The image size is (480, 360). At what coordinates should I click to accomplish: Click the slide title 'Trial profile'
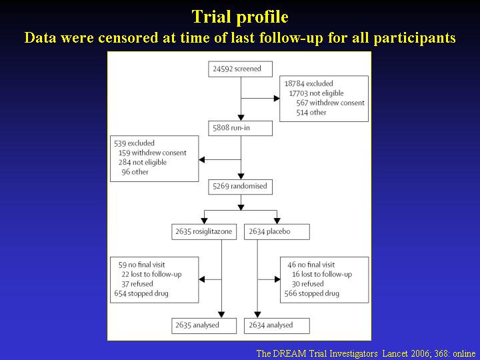tap(240, 17)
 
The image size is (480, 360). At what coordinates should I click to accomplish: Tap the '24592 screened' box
tap(240, 69)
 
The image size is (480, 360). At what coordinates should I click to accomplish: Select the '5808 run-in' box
tap(240, 128)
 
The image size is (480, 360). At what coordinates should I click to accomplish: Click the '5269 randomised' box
tap(240, 187)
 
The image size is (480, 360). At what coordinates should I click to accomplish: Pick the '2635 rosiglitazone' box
tap(204, 232)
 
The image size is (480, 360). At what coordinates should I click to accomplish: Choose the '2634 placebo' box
tap(277, 232)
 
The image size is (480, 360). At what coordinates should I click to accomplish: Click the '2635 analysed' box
tap(204, 326)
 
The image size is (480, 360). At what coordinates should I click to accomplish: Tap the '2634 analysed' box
tap(277, 326)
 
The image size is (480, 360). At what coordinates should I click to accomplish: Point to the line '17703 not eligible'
tap(317, 93)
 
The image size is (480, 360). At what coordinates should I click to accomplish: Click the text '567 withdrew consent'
tap(330, 103)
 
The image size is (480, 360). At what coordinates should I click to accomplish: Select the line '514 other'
tap(311, 113)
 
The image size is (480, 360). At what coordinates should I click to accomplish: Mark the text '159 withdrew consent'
tap(153, 153)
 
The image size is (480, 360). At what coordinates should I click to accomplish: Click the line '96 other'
tap(135, 172)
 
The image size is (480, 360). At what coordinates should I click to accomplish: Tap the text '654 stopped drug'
tap(141, 293)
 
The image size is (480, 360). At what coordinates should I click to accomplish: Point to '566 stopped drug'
tap(311, 293)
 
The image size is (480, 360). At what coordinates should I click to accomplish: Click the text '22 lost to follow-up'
tap(151, 274)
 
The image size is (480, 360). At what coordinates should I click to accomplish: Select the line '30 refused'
tap(307, 284)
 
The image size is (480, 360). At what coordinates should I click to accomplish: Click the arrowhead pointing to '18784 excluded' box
tap(277, 98)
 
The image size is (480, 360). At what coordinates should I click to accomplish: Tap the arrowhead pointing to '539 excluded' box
tap(202, 159)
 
